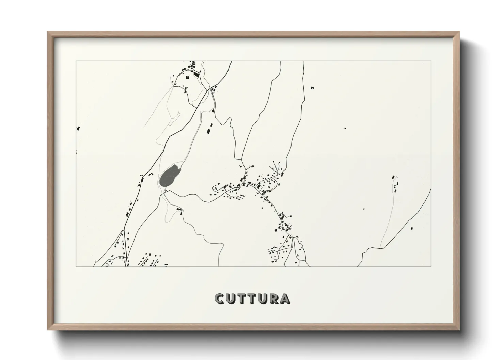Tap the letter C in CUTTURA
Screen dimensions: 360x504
pyautogui.click(x=220, y=298)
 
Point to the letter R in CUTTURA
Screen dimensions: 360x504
pyautogui.click(x=274, y=298)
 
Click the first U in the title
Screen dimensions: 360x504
pyautogui.click(x=231, y=298)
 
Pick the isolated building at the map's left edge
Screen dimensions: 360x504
pyautogui.click(x=78, y=128)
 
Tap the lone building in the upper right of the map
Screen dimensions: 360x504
pyautogui.click(x=312, y=88)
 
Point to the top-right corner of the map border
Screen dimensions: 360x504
pyautogui.click(x=431, y=61)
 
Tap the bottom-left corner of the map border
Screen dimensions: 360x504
pyautogui.click(x=76, y=266)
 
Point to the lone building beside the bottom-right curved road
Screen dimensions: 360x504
pyautogui.click(x=411, y=228)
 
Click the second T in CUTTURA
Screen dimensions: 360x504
pyautogui.click(x=252, y=298)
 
